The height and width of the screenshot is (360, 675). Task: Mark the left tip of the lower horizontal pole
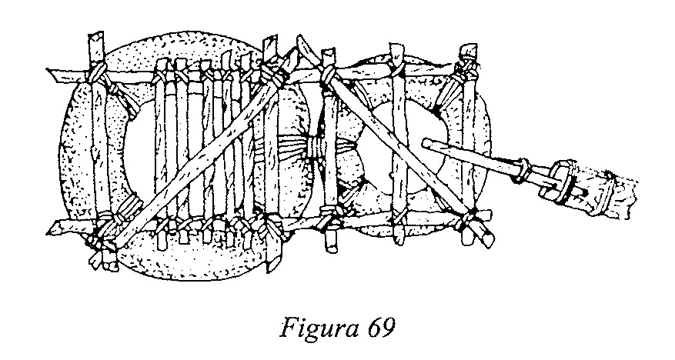(55, 226)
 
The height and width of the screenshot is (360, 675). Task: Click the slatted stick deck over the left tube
(204, 150)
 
